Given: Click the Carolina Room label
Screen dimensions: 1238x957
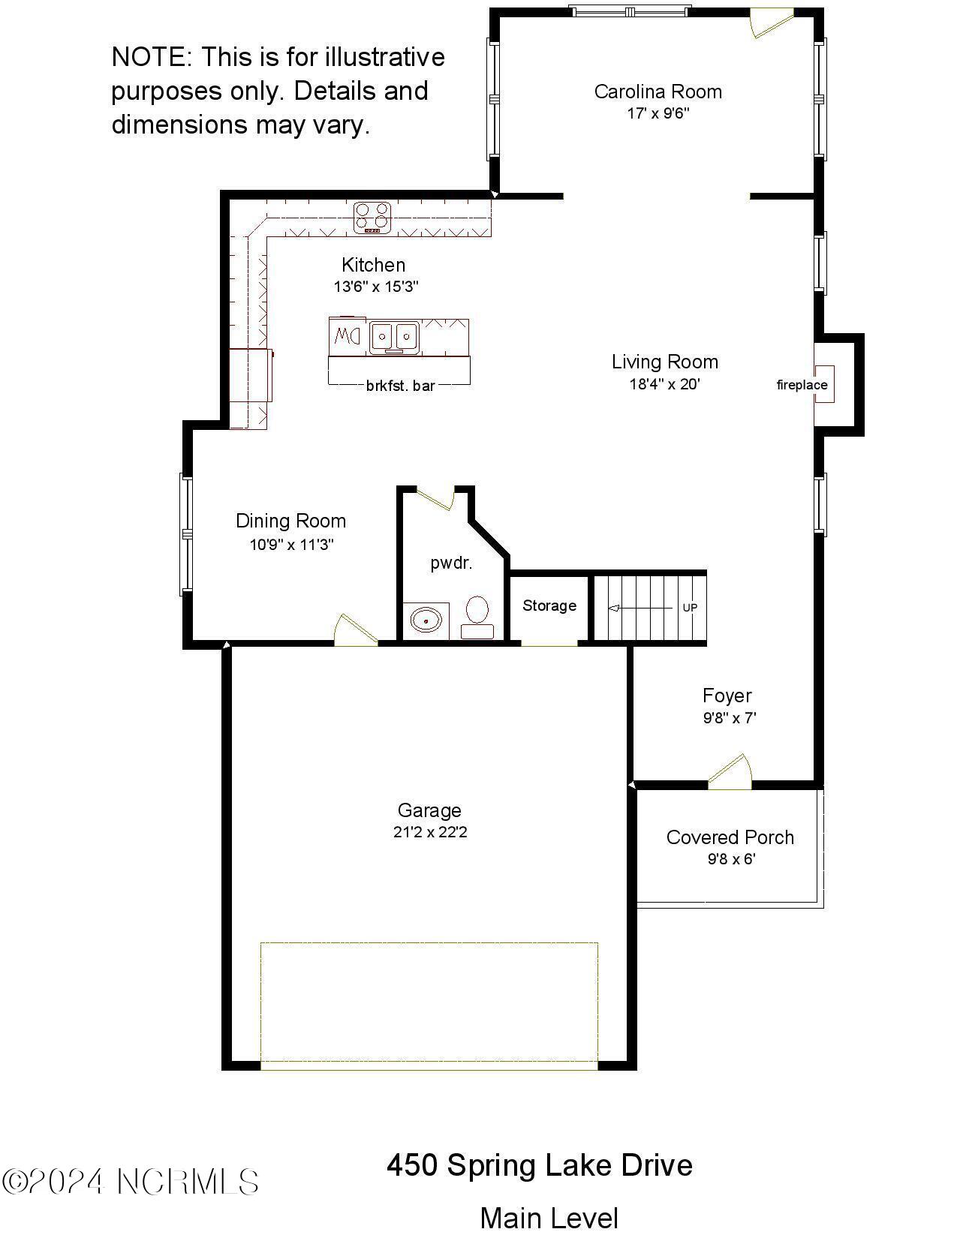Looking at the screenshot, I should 658,92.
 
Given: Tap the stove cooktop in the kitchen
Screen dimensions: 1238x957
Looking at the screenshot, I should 373,217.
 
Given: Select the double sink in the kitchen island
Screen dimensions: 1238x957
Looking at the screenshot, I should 393,336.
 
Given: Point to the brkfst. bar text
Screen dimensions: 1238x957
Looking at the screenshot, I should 400,386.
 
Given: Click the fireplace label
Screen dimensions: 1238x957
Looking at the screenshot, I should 802,385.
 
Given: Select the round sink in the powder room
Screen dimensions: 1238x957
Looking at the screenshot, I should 426,621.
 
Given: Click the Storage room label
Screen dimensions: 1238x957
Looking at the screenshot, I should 549,605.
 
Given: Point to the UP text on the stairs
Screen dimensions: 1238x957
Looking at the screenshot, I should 689,607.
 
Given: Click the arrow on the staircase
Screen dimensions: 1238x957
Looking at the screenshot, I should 638,608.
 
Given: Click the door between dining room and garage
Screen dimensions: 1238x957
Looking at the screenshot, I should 355,630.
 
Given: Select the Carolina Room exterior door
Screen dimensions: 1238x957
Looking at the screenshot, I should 771,21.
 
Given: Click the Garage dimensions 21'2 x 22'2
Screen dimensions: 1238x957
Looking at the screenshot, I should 430,832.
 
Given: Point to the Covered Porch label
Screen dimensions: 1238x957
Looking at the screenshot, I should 730,837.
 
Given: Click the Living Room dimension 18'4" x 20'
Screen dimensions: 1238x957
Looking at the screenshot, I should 664,384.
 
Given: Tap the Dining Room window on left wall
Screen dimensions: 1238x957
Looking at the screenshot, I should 186,533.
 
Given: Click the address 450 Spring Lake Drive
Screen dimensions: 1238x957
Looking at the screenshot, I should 539,1165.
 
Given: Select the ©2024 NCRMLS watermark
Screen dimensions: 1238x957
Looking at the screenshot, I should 131,1182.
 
